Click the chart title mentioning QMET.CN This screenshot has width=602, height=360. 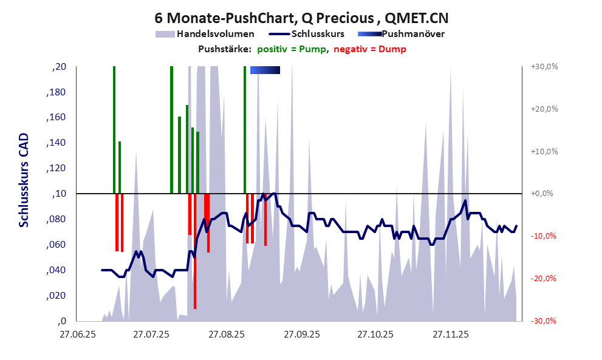[301, 17]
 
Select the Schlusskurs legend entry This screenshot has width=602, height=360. [318, 34]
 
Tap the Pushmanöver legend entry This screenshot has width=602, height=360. [412, 34]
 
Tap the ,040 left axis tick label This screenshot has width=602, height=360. [56, 270]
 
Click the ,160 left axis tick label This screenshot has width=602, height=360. [56, 118]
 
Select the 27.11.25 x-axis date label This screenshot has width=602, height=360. [450, 335]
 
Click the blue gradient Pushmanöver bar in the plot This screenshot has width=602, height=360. [265, 70]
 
